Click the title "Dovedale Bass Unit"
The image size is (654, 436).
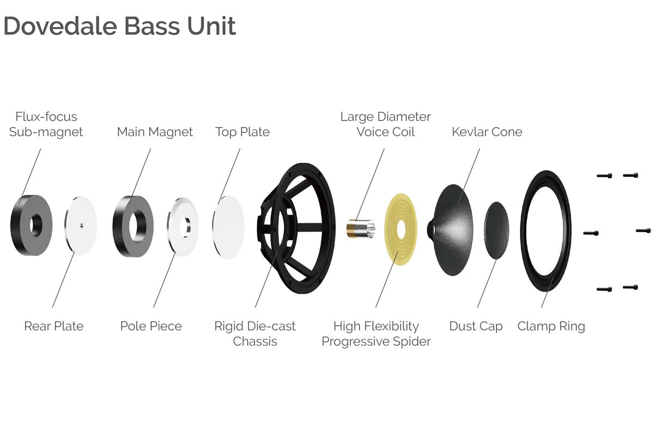pos(120,26)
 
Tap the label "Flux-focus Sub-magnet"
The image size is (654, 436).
pos(46,124)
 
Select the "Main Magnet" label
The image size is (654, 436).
pos(155,132)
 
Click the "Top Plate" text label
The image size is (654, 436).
pos(243,132)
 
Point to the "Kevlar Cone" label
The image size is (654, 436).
pos(487,132)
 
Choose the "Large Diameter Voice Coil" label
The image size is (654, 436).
pos(385,124)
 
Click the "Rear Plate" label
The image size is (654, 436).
pos(54,326)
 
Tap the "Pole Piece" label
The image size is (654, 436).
pos(151,326)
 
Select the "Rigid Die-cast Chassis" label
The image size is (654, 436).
pos(255,334)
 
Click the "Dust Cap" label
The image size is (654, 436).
pos(476,326)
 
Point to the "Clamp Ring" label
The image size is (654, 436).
pos(551,326)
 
